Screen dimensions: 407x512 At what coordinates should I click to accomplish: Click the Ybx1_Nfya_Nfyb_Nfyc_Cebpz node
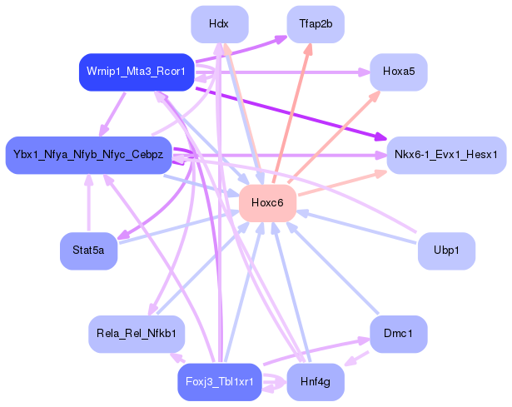(88, 155)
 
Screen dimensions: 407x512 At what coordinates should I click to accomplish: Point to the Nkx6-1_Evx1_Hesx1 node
(446, 155)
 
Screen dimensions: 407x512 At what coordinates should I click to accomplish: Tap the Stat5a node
(88, 251)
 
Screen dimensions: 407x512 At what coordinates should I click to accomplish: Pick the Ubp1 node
(446, 251)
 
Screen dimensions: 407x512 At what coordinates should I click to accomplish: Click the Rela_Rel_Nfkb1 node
(137, 334)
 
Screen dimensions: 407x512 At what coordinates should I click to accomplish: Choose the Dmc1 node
(399, 334)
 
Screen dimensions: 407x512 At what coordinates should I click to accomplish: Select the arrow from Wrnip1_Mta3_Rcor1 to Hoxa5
(283, 72)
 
